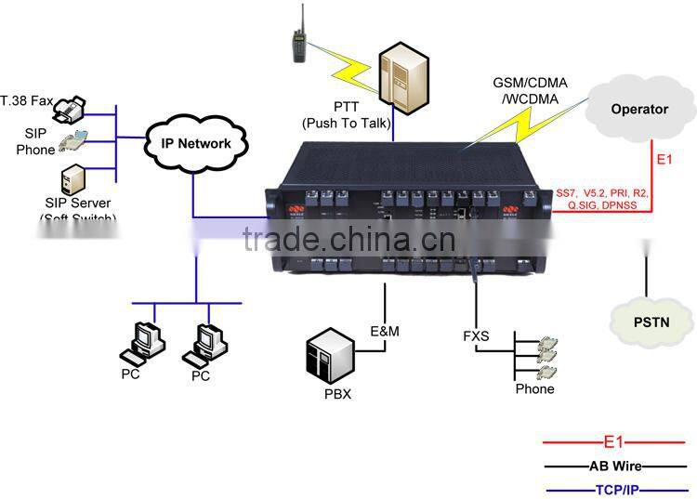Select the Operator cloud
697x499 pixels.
638,110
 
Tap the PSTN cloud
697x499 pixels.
653,322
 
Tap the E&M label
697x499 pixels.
384,330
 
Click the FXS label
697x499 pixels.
478,335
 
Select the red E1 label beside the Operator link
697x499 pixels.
664,161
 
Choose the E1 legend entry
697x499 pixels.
613,443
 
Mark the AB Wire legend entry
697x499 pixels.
613,466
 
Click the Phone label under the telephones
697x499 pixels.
534,389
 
